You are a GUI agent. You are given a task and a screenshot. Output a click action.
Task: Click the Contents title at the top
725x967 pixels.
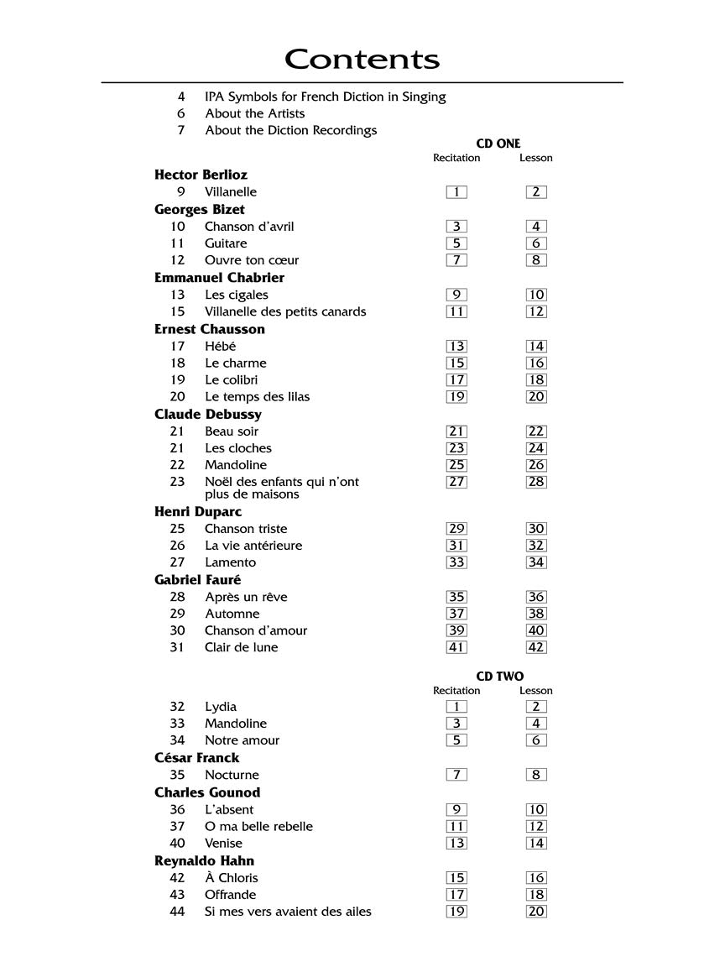coord(362,60)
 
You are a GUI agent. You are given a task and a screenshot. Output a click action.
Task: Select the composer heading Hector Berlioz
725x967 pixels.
coord(201,175)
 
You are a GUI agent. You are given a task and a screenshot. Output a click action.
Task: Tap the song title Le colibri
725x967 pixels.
coord(231,379)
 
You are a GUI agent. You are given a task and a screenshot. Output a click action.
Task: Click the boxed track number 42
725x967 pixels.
coord(536,647)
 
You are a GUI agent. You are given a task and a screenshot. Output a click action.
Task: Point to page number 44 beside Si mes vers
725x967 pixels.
coord(177,912)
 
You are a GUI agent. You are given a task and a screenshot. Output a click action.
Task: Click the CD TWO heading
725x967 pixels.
coord(499,677)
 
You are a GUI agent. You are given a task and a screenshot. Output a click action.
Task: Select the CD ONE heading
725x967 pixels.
coord(498,144)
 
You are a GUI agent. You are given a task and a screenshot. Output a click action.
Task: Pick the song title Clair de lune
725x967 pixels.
coord(241,647)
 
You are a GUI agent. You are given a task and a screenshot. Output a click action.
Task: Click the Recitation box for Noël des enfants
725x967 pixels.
coord(456,482)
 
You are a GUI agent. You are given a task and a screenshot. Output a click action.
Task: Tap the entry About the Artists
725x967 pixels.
coord(254,113)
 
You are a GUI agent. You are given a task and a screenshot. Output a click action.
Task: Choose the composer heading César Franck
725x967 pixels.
coord(196,758)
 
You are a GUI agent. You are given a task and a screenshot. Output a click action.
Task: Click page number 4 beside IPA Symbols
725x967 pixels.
coord(180,97)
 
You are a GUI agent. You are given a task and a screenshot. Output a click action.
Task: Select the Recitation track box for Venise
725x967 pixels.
coord(456,844)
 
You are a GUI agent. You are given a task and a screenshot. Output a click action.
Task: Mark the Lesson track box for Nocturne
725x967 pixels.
coord(536,775)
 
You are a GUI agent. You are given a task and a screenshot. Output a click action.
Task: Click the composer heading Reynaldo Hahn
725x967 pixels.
coord(204,860)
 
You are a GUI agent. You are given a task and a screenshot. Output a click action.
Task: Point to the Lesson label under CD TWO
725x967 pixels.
coord(535,691)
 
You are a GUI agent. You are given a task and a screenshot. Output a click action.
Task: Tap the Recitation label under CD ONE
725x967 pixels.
coord(456,158)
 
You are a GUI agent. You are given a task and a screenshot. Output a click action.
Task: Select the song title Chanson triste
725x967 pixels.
coord(246,529)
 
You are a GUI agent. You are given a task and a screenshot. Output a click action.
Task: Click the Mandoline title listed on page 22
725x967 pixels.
coord(235,465)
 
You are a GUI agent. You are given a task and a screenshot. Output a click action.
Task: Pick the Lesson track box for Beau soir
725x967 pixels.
coord(536,431)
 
